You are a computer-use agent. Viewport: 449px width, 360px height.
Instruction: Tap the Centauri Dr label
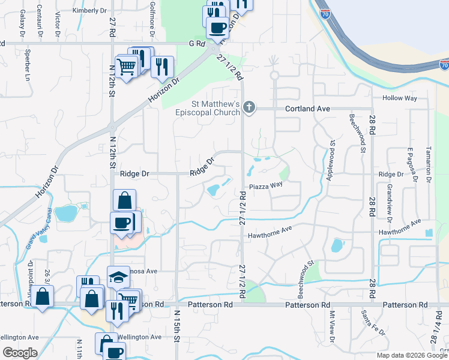point(39,22)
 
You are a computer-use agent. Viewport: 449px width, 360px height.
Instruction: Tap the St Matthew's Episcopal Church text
point(207,109)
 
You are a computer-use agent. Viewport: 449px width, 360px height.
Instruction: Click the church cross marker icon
point(249,108)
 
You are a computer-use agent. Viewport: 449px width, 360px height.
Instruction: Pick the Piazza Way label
point(266,185)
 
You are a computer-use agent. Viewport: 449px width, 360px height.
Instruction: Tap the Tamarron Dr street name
point(429,164)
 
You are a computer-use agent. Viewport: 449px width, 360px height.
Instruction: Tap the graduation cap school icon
point(118,277)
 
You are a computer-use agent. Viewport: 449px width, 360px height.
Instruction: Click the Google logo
point(20,353)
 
